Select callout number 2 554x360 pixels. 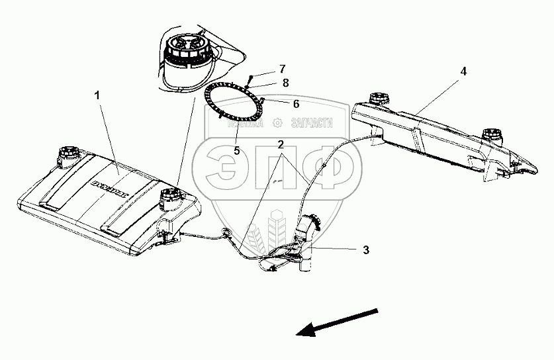[281, 144]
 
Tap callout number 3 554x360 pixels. [365, 250]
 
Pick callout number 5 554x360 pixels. [236, 150]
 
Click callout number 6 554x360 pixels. [296, 104]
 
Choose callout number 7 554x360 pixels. [282, 69]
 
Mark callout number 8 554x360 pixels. [285, 83]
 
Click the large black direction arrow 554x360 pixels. [337, 322]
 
